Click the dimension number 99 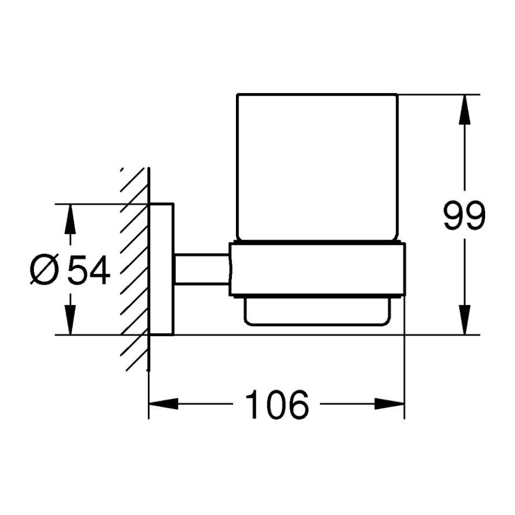[x=464, y=215]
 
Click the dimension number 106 [x=277, y=404]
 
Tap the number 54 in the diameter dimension [x=89, y=270]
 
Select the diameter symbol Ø [x=44, y=269]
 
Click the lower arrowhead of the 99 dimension [x=465, y=320]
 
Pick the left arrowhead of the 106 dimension [x=163, y=404]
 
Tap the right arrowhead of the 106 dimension [x=389, y=404]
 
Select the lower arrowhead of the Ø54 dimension [x=70, y=320]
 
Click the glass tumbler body [x=317, y=167]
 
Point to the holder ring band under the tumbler [x=317, y=269]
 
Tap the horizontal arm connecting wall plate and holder [x=202, y=269]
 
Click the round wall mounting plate [x=161, y=269]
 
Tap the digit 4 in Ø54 [x=100, y=270]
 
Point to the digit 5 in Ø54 [x=78, y=270]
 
